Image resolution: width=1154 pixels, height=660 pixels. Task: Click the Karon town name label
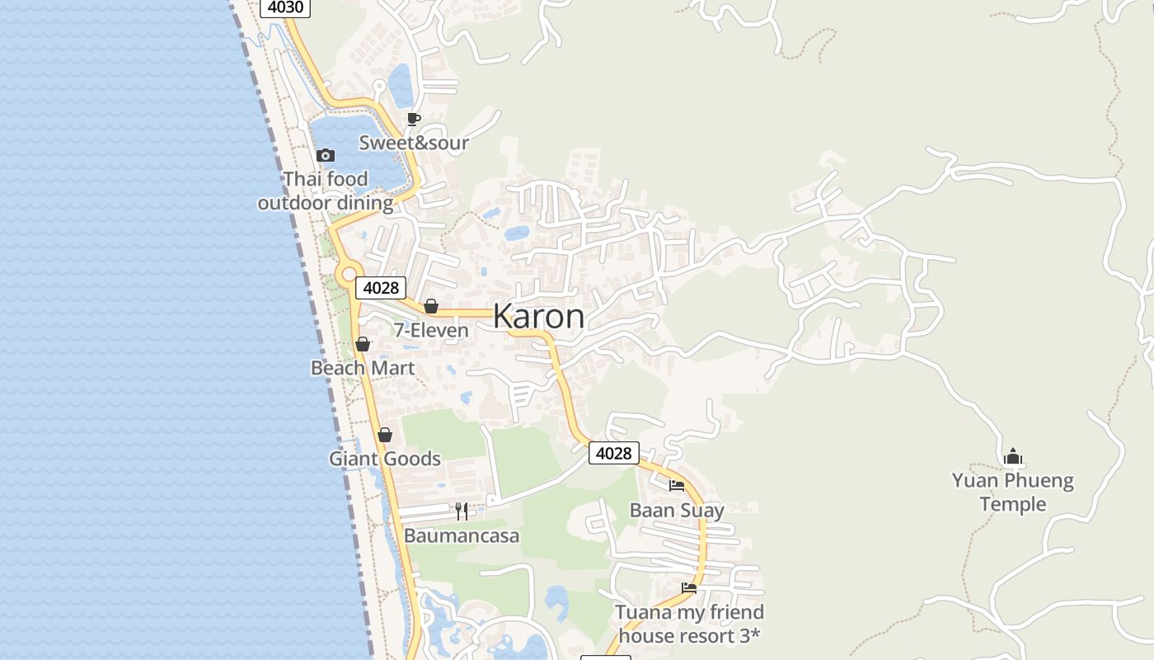tap(539, 317)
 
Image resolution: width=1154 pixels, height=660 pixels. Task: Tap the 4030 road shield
tap(285, 7)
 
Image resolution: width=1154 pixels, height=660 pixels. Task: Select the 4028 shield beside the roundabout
tap(381, 288)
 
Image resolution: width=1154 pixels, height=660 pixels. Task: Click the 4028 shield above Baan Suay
tap(613, 453)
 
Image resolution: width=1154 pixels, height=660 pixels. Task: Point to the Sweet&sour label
tap(414, 143)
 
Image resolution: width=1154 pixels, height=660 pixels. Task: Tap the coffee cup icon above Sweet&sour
tap(414, 120)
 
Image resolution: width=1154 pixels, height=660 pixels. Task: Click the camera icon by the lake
tap(326, 155)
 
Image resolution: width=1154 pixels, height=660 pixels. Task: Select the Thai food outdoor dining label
tap(326, 191)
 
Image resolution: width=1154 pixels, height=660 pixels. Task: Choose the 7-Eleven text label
tap(430, 330)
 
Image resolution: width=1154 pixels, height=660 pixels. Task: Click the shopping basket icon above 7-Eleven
tap(430, 307)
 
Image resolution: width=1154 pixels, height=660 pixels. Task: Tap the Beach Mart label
tap(363, 368)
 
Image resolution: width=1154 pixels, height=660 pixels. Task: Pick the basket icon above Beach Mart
tap(363, 344)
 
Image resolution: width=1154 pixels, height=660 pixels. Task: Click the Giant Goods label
tap(385, 459)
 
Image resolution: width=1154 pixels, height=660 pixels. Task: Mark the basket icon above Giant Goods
tap(385, 435)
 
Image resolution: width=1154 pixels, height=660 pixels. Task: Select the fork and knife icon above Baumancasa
tap(462, 511)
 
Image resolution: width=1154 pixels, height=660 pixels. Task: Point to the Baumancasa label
tap(462, 536)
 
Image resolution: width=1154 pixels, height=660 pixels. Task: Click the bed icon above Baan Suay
tap(677, 486)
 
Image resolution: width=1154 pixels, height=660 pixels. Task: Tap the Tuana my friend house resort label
tap(689, 624)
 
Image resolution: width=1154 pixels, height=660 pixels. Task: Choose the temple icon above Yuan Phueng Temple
tap(1013, 456)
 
